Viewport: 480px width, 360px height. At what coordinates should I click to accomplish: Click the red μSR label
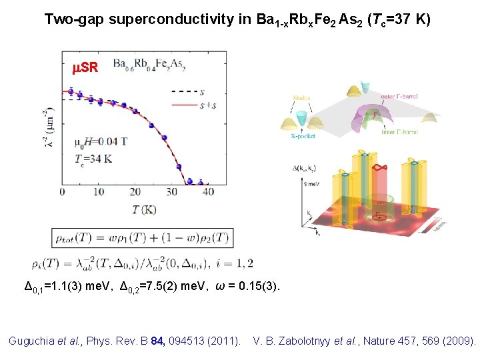click(85, 68)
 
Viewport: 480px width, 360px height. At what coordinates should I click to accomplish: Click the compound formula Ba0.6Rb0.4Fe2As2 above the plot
click(149, 65)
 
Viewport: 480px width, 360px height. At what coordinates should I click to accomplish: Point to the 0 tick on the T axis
click(62, 192)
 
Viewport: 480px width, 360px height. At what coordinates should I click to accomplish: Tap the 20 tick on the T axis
click(135, 192)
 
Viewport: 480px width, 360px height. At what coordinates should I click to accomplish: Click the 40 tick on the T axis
click(209, 192)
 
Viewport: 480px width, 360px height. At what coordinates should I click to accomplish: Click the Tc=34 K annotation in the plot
click(94, 160)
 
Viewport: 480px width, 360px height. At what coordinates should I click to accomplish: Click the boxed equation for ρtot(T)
click(143, 238)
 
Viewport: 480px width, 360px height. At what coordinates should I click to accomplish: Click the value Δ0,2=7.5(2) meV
click(167, 287)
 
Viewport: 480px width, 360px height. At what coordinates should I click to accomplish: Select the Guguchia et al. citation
click(125, 341)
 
